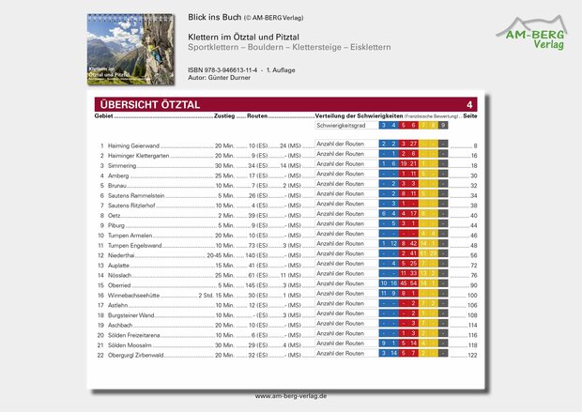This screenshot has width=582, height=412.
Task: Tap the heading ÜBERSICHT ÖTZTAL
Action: tap(148, 104)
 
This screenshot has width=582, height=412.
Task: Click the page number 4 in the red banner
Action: tap(469, 104)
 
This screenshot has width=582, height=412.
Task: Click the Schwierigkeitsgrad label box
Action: tap(344, 125)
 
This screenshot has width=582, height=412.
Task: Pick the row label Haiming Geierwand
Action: tap(134, 146)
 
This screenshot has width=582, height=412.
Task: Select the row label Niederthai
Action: tap(125, 254)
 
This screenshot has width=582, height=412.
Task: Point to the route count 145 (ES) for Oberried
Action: tap(260, 284)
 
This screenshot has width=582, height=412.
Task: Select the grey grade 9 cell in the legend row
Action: tap(442, 125)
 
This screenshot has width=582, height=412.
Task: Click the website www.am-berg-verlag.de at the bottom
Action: tap(291, 396)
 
